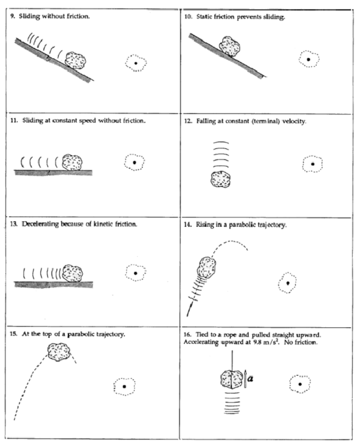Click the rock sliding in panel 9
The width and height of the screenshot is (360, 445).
tap(76, 60)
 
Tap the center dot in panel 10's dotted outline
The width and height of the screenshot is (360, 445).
tap(308, 59)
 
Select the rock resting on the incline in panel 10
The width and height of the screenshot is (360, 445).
tap(229, 47)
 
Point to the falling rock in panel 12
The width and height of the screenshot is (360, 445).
tap(220, 179)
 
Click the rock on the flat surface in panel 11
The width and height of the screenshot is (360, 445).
tap(72, 162)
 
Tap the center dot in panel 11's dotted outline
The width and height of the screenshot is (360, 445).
tap(134, 162)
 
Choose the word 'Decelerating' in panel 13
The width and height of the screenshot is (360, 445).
tap(40, 224)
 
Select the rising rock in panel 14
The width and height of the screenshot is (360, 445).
tap(207, 268)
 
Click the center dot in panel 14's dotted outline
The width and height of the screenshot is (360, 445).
tap(288, 283)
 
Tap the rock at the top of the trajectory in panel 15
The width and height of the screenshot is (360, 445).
tap(59, 352)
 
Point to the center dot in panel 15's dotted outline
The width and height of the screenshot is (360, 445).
tap(124, 386)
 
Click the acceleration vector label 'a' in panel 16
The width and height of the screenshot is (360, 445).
tap(250, 379)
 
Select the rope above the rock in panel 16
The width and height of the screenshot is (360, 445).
tap(232, 360)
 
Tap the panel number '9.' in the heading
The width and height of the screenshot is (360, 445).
tap(13, 16)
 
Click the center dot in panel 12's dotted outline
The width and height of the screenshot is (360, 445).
tap(313, 164)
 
